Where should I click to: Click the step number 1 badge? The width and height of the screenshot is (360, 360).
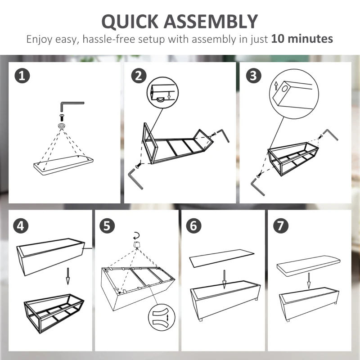(22, 76)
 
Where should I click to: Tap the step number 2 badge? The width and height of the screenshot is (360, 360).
(139, 76)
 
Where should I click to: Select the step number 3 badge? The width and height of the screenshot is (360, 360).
(253, 76)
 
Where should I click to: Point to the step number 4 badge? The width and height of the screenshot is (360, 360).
(21, 226)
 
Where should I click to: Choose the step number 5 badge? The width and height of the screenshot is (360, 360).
(107, 226)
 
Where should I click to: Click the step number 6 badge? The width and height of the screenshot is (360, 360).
(194, 226)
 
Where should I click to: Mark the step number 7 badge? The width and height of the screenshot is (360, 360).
(280, 226)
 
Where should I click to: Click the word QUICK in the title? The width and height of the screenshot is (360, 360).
(130, 22)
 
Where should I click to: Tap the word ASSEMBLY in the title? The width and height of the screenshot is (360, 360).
(211, 21)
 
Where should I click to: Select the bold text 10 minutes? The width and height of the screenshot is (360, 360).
(302, 39)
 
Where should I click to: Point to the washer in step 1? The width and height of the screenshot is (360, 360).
(62, 126)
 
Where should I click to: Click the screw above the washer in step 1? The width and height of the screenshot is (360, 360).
(62, 118)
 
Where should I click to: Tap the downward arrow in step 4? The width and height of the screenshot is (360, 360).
(68, 276)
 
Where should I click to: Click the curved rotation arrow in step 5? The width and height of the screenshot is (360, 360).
(136, 235)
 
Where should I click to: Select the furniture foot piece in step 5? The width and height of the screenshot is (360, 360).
(137, 244)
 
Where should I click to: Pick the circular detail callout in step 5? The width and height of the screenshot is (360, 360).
(162, 318)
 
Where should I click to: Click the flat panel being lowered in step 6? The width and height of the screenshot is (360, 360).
(222, 258)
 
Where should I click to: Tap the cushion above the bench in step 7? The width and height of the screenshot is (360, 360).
(309, 265)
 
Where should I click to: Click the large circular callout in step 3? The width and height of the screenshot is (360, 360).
(294, 94)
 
